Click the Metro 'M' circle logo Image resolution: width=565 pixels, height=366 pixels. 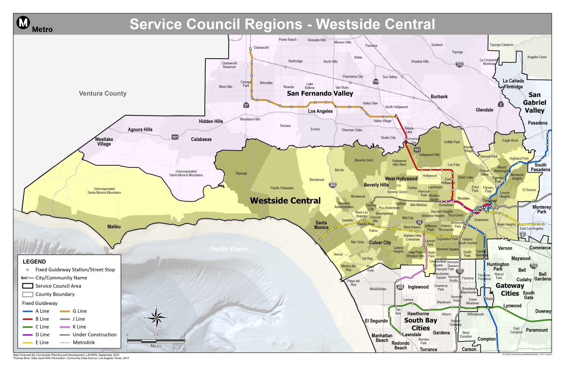coord(23,23)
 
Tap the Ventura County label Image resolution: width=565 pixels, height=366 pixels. coord(103,94)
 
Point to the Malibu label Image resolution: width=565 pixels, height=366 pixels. coord(114,226)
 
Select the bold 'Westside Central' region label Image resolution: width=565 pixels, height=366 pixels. coord(285,201)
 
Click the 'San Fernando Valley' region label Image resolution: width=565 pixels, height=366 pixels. coord(320,94)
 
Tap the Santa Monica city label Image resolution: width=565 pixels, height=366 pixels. coord(321,225)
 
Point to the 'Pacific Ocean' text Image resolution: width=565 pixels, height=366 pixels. coord(229,249)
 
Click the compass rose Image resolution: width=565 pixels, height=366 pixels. coord(157,317)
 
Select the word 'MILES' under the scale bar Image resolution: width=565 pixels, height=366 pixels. coord(156,346)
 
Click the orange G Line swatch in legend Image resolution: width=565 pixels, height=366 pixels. coord(65,311)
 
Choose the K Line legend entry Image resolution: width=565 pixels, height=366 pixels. coord(79,327)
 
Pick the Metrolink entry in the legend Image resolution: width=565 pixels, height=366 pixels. coord(83,342)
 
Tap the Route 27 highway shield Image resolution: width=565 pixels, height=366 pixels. coord(246,105)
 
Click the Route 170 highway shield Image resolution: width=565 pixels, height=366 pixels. coord(376,82)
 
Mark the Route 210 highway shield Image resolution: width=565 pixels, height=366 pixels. coord(459,65)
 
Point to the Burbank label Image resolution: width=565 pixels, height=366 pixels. coord(439,96)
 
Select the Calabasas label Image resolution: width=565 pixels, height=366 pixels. coord(201,139)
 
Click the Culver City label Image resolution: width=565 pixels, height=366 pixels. coord(380,243)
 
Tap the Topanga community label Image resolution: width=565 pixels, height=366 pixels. coord(241,173)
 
